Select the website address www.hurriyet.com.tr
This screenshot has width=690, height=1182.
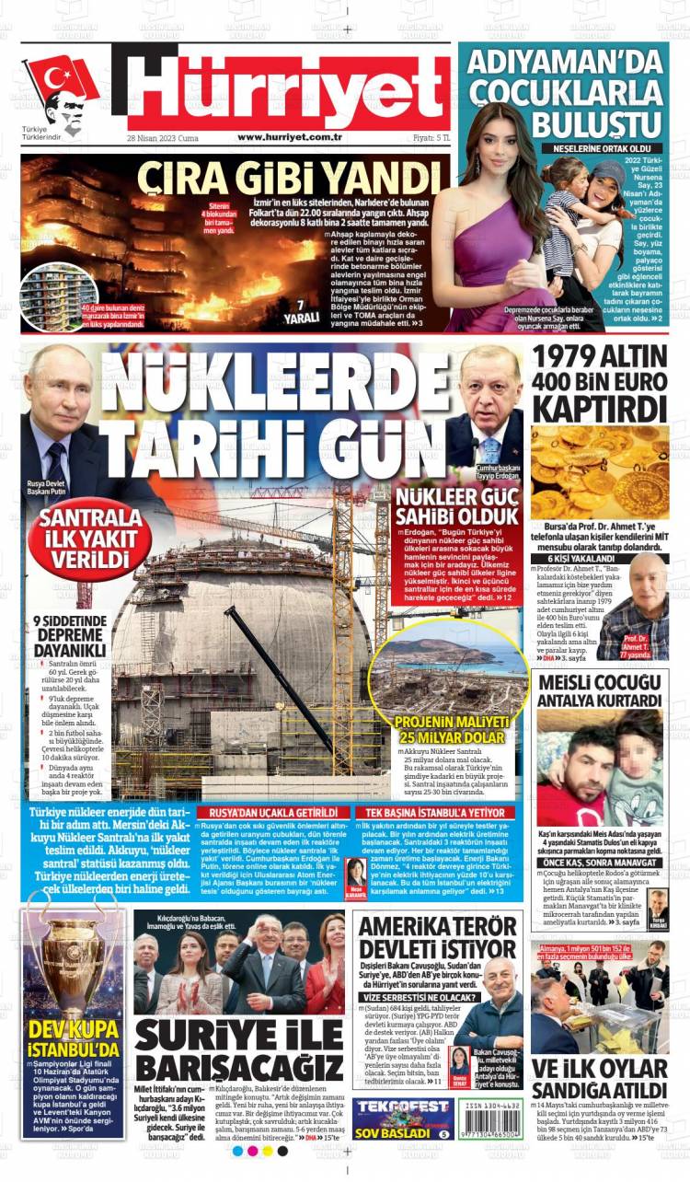pos(290,137)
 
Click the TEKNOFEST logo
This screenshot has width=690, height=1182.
pos(390,1107)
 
